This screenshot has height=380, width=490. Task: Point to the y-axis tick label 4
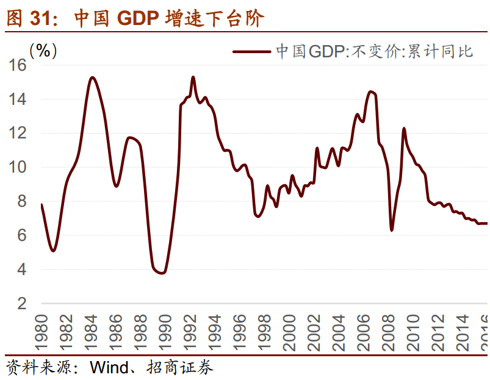(x=23, y=270)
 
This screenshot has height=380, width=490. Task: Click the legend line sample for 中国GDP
(x=251, y=51)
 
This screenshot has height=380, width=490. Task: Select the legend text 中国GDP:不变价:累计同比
(x=375, y=51)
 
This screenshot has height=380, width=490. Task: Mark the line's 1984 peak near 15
(x=92, y=77)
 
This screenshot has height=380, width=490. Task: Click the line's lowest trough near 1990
(x=161, y=273)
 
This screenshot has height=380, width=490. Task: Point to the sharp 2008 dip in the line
(x=391, y=229)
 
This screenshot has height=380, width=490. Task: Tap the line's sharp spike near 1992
(x=193, y=77)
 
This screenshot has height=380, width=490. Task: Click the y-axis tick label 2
(x=23, y=304)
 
